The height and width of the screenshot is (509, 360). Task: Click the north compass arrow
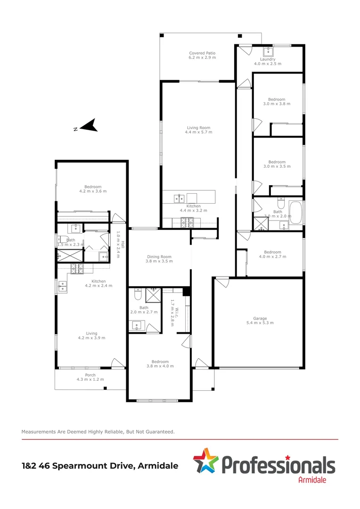88,125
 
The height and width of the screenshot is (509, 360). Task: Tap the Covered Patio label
202,53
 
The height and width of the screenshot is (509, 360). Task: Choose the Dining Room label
159,257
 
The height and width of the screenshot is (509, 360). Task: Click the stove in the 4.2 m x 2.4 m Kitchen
76,268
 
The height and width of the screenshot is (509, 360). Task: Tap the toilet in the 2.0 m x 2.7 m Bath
137,295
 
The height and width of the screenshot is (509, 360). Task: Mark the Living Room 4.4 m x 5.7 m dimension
199,132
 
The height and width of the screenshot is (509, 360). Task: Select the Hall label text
122,245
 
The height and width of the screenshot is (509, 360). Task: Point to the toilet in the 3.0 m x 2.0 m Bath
280,204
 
